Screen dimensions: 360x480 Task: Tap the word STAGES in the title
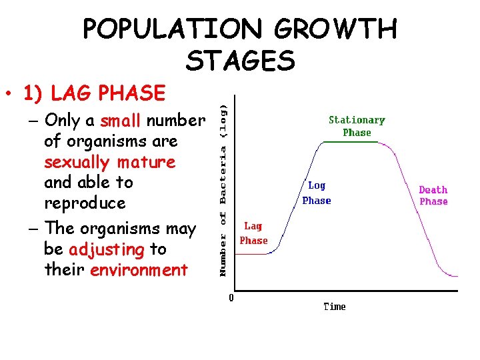point(240,61)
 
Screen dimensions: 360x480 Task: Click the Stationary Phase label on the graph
point(357,126)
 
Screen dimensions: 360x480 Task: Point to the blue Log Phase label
point(317,193)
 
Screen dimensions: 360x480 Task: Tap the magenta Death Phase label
point(433,195)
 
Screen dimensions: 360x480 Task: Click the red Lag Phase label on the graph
point(253,233)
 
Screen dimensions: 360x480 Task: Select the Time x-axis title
point(335,307)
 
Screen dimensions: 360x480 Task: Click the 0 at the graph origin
point(231,298)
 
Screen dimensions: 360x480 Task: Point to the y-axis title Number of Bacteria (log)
point(224,189)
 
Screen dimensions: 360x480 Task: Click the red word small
point(121,121)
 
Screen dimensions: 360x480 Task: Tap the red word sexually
point(77,162)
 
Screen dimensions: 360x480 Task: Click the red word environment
point(139,270)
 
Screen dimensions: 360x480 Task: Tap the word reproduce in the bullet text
point(85,203)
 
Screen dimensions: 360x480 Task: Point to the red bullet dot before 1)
point(9,94)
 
